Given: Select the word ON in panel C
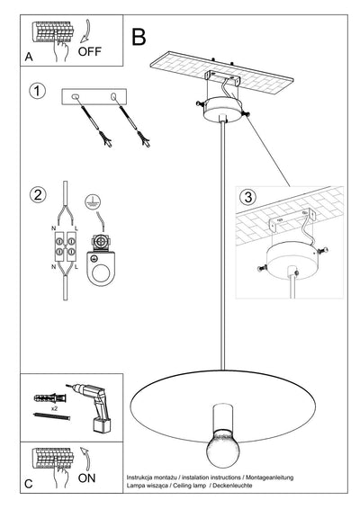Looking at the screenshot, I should tap(86, 478).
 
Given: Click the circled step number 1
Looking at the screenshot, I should tap(37, 92).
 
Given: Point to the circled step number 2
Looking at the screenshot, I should tap(37, 195).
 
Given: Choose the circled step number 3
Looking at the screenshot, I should tap(247, 196).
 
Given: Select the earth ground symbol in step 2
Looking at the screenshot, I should tap(90, 203).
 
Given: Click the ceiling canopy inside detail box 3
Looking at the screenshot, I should tap(289, 263).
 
